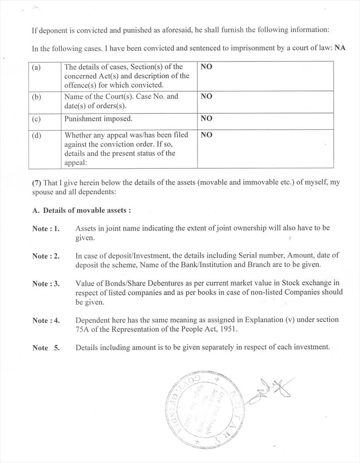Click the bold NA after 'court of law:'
tap(340, 48)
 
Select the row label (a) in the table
tap(37, 67)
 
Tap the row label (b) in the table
tap(37, 97)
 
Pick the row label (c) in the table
tap(37, 119)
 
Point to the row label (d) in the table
tap(37, 135)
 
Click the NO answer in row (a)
tap(206, 67)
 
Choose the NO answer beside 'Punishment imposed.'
tap(206, 118)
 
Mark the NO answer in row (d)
tap(206, 135)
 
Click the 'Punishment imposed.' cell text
tap(98, 119)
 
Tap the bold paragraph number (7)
tap(37, 183)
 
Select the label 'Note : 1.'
tap(46, 229)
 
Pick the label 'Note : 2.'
tap(46, 256)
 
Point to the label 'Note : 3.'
tap(46, 284)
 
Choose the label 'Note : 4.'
tap(46, 321)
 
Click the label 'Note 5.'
tap(46, 348)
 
